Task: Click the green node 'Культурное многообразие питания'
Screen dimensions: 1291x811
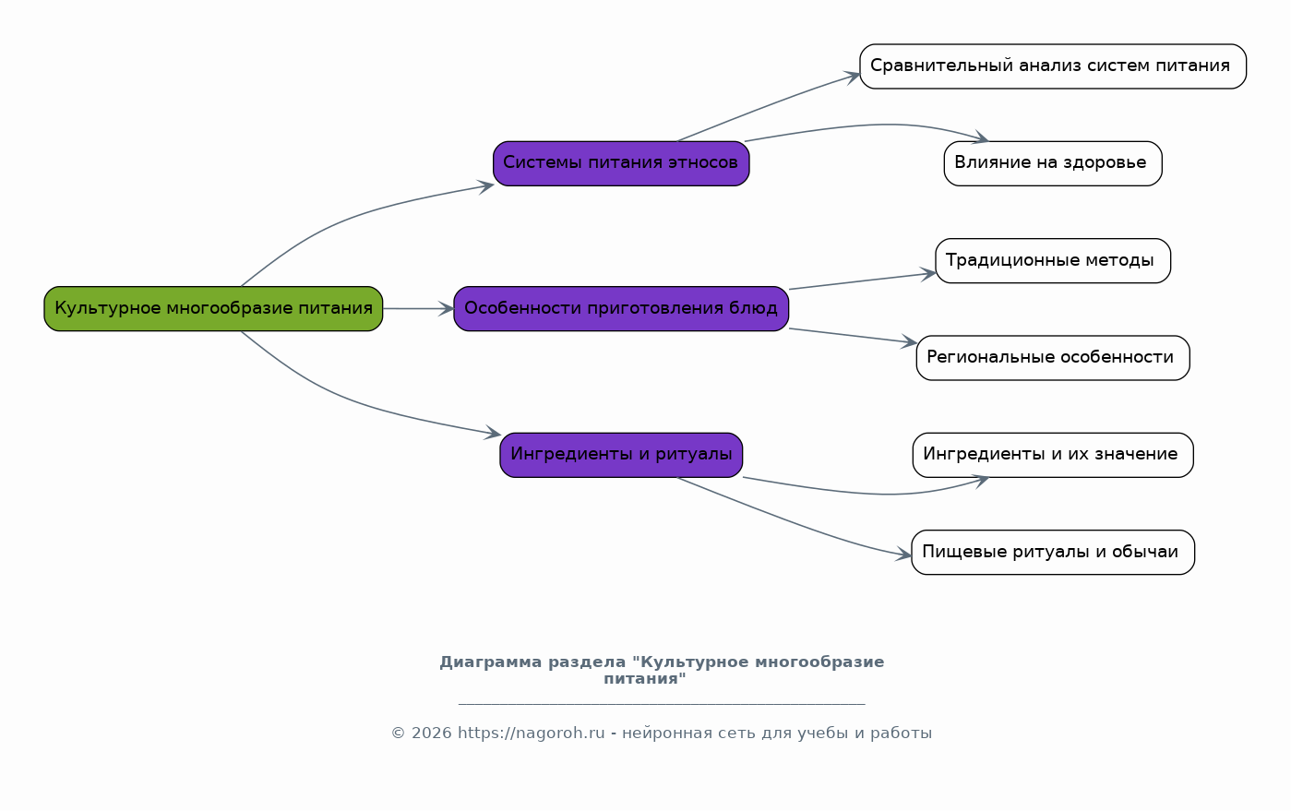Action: click(x=213, y=309)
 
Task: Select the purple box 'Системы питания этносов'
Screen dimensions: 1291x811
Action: click(x=621, y=163)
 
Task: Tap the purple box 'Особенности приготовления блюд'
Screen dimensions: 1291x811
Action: click(x=621, y=309)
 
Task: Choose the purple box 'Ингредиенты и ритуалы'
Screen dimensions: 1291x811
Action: click(x=621, y=456)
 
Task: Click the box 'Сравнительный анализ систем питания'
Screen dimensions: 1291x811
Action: click(x=1053, y=66)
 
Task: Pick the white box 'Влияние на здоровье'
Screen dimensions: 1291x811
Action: click(x=1053, y=163)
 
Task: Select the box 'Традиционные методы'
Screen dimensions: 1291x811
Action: click(x=1053, y=261)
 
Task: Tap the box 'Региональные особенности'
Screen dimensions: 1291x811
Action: click(x=1053, y=358)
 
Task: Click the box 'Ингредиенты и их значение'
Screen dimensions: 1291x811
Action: click(x=1053, y=456)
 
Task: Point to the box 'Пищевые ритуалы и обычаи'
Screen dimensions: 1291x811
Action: click(x=1053, y=552)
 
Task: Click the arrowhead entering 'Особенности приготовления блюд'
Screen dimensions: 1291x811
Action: click(x=447, y=309)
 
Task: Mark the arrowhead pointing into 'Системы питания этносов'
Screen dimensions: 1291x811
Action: click(x=485, y=186)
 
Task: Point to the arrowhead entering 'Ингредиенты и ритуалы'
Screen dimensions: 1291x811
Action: click(x=493, y=433)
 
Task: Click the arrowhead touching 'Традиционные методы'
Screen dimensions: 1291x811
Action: click(x=927, y=274)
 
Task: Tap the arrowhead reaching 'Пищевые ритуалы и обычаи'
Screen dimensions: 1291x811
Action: click(x=903, y=555)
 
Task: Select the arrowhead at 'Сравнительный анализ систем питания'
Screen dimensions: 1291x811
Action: click(x=852, y=78)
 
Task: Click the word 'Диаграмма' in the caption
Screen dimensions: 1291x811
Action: click(x=490, y=662)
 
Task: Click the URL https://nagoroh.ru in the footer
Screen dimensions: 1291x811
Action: click(x=532, y=733)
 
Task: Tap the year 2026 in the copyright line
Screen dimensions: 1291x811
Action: click(x=432, y=733)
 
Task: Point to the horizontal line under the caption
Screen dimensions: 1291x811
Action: click(x=662, y=704)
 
